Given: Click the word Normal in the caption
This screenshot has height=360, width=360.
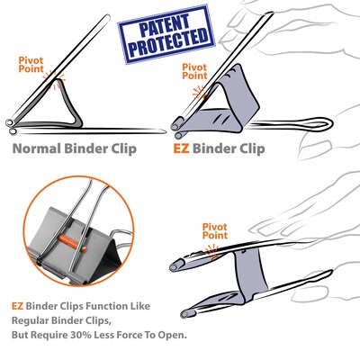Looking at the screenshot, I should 39,148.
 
